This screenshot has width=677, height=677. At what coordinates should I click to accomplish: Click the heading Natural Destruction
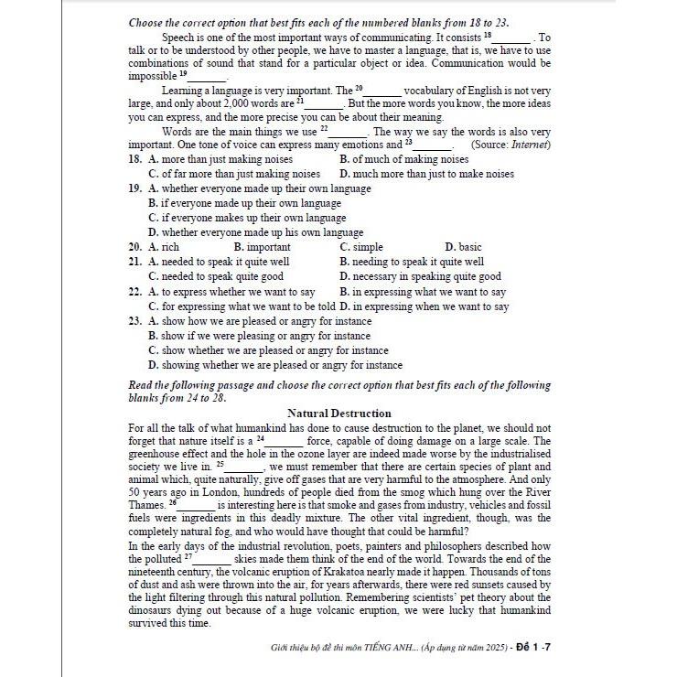[338, 414]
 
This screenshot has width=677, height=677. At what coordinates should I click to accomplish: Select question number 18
[134, 159]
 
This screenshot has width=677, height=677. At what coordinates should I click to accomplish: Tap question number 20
[134, 247]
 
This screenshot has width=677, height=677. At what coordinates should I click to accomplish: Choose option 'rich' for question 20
[169, 247]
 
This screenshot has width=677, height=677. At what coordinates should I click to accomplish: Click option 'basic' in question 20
[469, 247]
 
